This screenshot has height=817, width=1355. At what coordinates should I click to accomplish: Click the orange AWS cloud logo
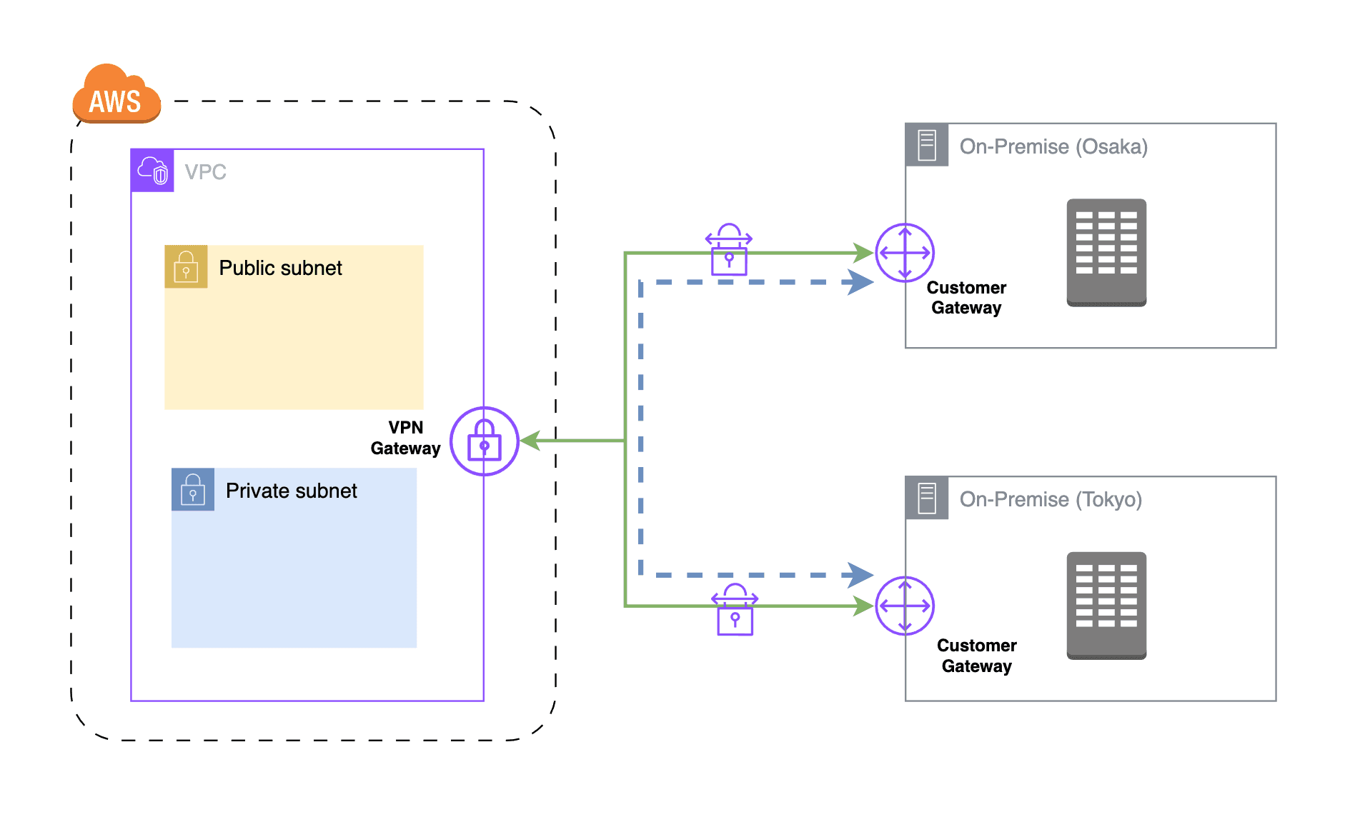(x=116, y=95)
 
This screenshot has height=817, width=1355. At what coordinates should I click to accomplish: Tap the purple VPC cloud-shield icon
(x=152, y=171)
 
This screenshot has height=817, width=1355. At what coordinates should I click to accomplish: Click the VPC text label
(x=205, y=172)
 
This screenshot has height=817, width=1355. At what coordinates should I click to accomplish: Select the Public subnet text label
(x=280, y=268)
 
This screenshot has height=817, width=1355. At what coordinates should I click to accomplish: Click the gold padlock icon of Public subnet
(x=186, y=266)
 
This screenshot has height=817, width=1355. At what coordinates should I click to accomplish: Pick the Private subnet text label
(x=291, y=491)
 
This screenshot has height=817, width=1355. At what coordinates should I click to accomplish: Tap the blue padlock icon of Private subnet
(x=193, y=489)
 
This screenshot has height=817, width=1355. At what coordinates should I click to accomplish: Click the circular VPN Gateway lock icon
(x=484, y=441)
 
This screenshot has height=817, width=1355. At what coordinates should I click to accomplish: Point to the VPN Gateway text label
(x=405, y=438)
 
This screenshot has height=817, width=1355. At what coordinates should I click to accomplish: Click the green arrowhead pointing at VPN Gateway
(x=530, y=441)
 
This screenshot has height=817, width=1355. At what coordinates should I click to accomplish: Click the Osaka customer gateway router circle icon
(x=905, y=253)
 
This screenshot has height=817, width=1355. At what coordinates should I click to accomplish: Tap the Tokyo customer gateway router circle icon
(x=905, y=606)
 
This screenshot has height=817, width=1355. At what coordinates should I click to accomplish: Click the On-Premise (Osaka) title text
(x=1053, y=146)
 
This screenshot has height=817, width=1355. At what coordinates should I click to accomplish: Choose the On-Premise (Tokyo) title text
(x=1051, y=499)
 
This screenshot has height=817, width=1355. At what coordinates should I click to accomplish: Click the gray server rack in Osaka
(x=1106, y=252)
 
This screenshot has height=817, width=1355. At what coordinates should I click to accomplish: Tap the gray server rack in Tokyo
(x=1106, y=605)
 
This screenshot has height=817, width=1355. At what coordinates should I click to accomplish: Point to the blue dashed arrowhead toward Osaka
(x=860, y=282)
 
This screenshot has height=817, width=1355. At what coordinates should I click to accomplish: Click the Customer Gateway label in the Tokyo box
(x=976, y=656)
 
